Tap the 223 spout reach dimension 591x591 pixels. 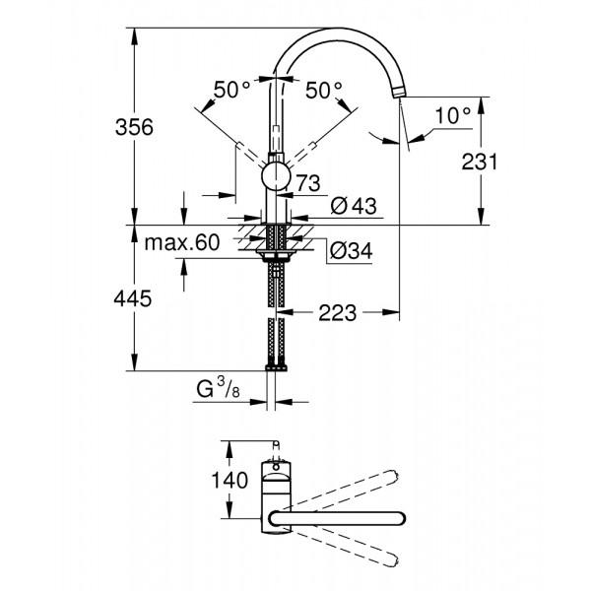338,313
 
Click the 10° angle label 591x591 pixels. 452,115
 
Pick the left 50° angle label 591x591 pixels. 233,90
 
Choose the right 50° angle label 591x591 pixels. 324,90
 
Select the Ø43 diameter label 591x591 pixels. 350,206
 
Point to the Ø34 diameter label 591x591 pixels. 350,251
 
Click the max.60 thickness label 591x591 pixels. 181,243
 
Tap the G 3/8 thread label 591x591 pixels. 217,391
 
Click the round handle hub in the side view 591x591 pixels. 277,177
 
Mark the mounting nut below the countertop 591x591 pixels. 275,256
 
